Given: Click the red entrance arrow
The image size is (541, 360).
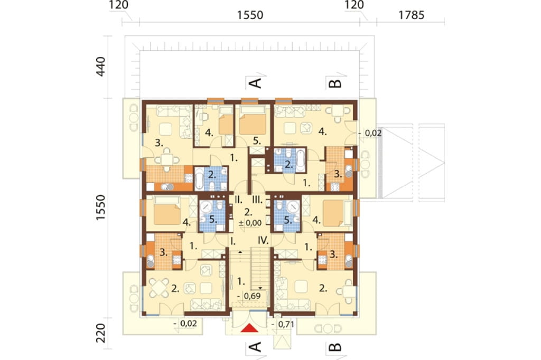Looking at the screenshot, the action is [249, 328].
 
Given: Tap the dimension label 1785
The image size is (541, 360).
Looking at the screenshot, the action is [411, 15].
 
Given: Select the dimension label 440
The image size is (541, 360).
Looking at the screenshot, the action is [100, 67].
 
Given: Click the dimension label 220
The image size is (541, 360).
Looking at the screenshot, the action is [100, 333].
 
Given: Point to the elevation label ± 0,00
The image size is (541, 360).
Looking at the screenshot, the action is [250, 223].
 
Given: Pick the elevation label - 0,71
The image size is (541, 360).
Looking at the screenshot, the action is [283, 325].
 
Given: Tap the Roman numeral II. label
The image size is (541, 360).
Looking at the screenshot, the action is [238, 199].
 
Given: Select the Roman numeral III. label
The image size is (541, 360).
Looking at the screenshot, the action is [257, 200].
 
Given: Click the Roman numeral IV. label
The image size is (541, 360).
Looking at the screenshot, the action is [263, 240].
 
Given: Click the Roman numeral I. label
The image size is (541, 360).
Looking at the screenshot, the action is [233, 240].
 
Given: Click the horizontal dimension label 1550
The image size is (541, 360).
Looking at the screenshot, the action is [250, 15].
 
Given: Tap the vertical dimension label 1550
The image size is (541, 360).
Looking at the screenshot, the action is [100, 208].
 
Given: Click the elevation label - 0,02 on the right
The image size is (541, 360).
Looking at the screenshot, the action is [370, 133].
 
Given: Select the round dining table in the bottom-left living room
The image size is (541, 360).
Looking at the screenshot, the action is [159, 288].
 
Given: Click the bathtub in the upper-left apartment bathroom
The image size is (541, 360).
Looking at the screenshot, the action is [200, 178].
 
